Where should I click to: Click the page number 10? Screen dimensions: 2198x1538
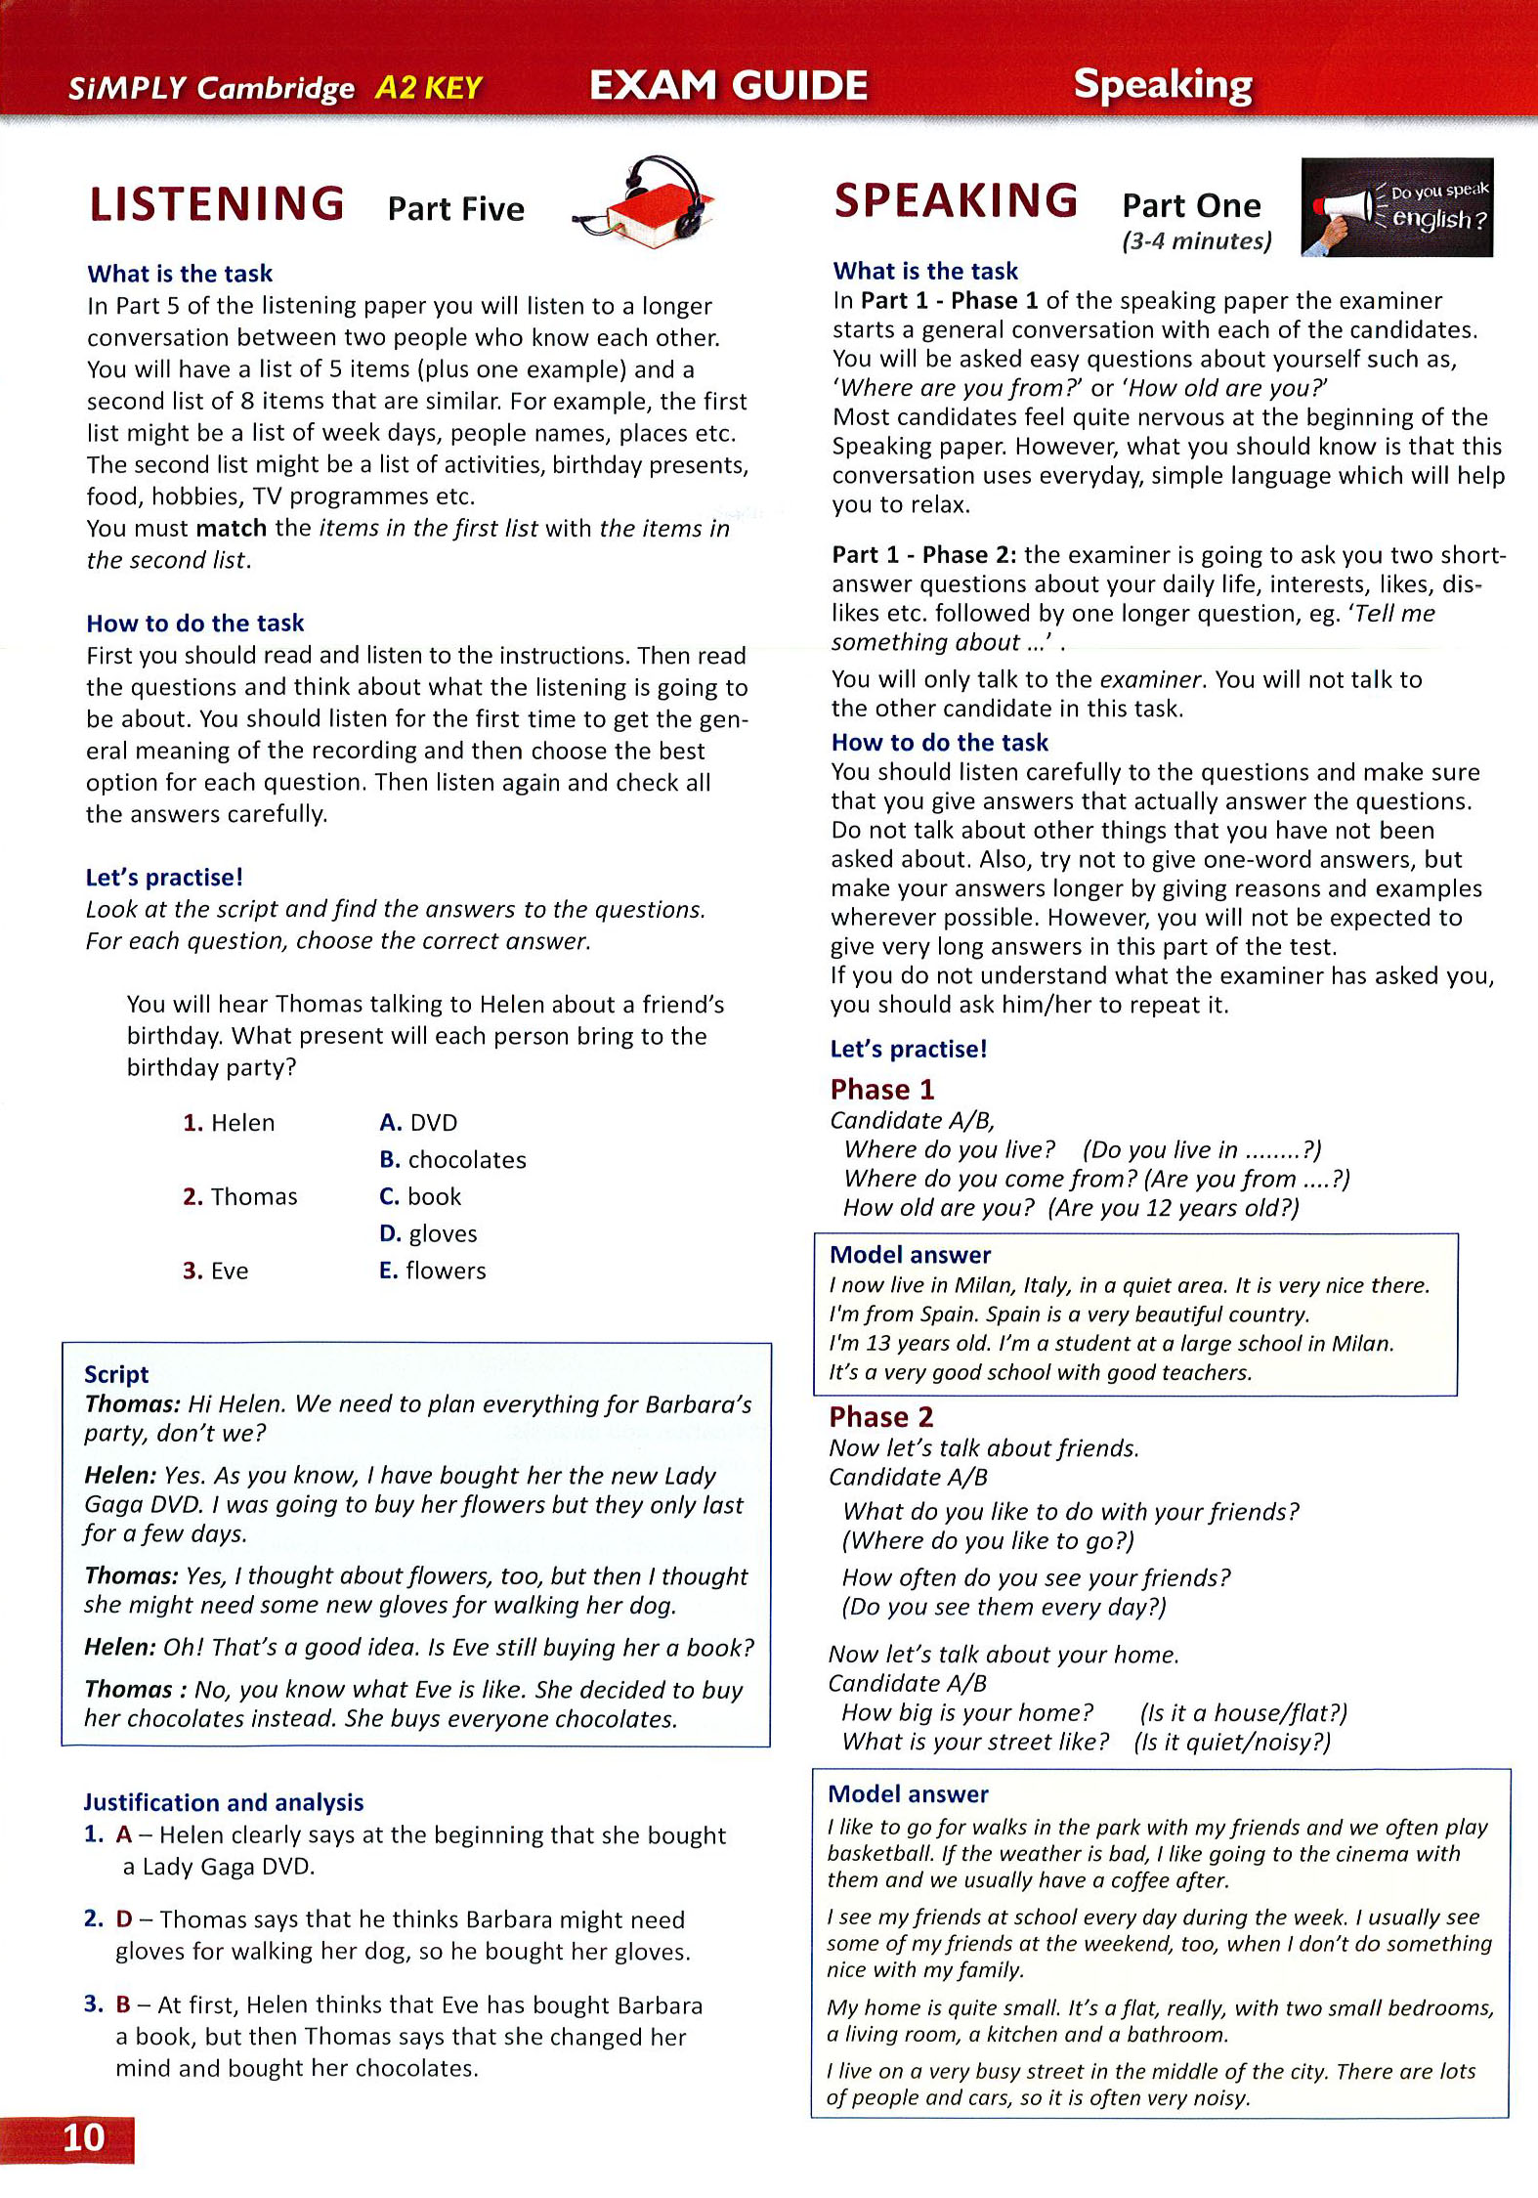(x=83, y=2137)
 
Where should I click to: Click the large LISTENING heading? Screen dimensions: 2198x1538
(x=217, y=204)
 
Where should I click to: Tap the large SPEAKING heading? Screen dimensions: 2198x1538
(x=956, y=201)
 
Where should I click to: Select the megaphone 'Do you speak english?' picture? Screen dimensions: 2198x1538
(x=1396, y=207)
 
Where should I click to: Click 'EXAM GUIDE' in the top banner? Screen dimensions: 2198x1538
(x=728, y=85)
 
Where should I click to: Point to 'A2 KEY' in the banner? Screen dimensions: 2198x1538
(x=428, y=88)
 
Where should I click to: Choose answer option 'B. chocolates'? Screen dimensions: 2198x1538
(x=452, y=1159)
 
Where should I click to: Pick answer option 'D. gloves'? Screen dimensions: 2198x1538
(x=428, y=1233)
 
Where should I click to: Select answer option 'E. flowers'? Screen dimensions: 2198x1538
(x=432, y=1271)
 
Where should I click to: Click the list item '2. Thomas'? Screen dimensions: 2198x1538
(x=239, y=1196)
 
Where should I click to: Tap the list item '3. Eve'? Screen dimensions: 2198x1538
(x=215, y=1271)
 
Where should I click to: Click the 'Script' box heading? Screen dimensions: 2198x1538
(x=116, y=1374)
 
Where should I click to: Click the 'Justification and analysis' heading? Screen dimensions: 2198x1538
(x=224, y=1802)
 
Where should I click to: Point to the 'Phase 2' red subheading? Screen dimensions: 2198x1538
(x=881, y=1417)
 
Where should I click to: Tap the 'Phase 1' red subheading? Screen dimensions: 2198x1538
(x=882, y=1089)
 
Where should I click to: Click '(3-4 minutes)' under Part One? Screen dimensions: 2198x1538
(x=1197, y=240)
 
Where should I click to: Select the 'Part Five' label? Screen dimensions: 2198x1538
(x=455, y=208)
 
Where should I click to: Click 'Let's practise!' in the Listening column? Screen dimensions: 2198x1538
(x=164, y=877)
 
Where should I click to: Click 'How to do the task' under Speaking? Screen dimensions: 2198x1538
(x=940, y=742)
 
